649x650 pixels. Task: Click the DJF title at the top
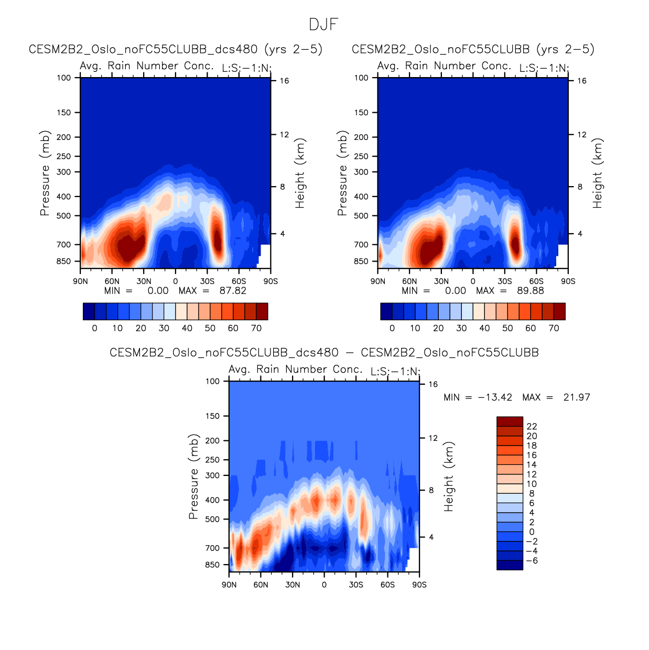click(323, 25)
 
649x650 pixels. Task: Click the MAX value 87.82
click(233, 291)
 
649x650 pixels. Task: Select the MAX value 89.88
click(531, 291)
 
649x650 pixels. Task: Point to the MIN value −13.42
click(495, 397)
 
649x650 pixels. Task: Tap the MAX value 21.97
click(577, 397)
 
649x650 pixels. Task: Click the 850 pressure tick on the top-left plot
click(63, 261)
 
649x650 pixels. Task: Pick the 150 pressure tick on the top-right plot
click(361, 112)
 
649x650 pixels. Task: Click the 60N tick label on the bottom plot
click(261, 584)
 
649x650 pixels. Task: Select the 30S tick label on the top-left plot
click(207, 281)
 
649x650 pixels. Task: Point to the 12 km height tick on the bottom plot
click(433, 438)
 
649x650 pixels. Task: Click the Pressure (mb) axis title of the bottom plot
click(193, 476)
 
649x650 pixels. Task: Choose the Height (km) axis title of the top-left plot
click(300, 174)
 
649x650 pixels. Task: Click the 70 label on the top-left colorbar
click(256, 328)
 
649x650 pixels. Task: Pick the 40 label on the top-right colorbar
click(484, 328)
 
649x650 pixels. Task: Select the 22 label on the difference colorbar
click(532, 427)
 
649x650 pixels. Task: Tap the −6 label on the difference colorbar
click(532, 561)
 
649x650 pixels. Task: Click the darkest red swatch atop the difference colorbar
click(510, 421)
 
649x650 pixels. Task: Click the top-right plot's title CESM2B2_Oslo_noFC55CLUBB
click(473, 49)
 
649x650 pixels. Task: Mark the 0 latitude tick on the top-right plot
click(473, 281)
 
